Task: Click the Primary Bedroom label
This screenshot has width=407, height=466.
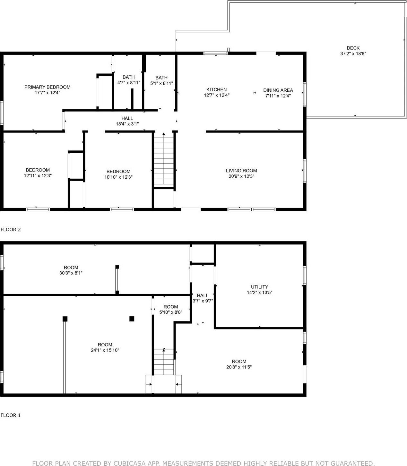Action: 47,87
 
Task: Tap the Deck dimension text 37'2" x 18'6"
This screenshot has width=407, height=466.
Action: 353,54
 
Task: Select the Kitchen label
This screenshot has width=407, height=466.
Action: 216,89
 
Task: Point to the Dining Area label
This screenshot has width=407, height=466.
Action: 278,90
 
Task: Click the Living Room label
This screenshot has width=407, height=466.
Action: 241,171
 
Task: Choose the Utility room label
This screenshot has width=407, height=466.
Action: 259,287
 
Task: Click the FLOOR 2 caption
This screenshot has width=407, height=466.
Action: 11,229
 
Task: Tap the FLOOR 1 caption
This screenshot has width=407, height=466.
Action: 11,415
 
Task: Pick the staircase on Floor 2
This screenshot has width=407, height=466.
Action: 164,160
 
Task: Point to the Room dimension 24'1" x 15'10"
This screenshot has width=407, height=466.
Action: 105,350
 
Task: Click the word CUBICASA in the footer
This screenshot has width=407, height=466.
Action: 127,463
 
